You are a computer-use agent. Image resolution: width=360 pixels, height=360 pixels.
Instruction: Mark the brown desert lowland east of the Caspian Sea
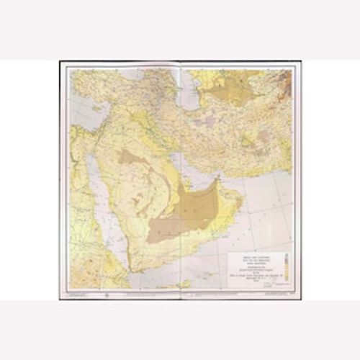[x=216, y=83]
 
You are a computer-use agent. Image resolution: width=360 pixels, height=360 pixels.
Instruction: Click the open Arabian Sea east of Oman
[x=266, y=216]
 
